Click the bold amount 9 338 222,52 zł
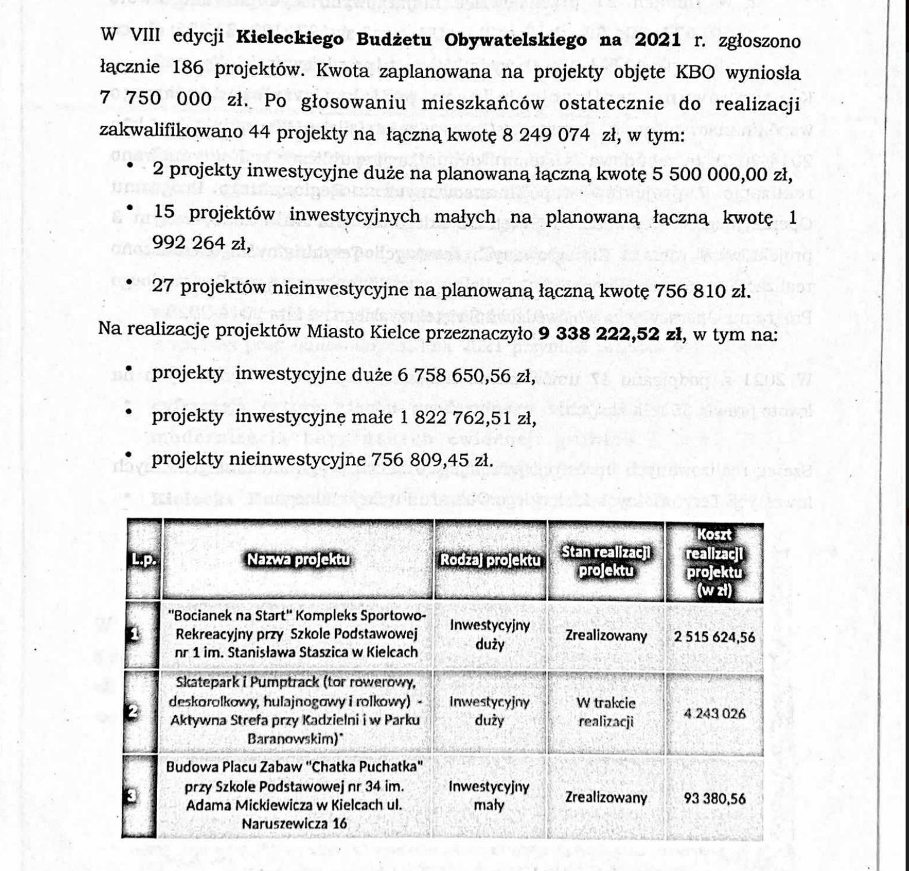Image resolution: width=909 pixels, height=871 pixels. point(611,334)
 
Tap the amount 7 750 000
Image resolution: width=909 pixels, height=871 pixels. point(157,99)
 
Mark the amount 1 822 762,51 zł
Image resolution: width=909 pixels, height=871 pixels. point(467,417)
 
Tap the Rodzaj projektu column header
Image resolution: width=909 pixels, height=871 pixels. point(490,560)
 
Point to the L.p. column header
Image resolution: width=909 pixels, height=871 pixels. point(143,560)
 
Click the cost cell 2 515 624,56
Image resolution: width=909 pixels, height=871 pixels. point(714,636)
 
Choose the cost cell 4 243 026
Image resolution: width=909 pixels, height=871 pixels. point(714,713)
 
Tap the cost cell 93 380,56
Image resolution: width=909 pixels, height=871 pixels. point(714,798)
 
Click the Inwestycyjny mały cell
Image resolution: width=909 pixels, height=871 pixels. point(489,796)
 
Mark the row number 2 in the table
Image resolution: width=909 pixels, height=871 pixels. point(133,712)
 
